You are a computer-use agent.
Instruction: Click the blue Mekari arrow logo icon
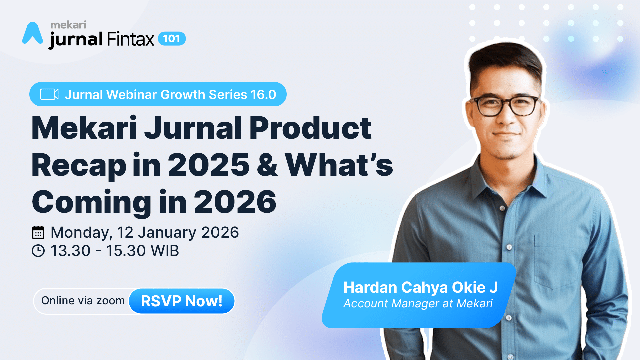[x=33, y=33]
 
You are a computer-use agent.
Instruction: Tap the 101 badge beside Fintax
[x=172, y=39]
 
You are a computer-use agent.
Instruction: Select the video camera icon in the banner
[x=49, y=94]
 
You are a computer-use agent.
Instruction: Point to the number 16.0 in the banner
[x=263, y=95]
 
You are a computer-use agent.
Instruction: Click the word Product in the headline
[x=310, y=128]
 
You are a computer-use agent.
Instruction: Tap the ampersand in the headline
[x=267, y=165]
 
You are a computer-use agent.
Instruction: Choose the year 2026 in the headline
[x=235, y=202]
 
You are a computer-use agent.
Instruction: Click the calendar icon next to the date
[x=38, y=233]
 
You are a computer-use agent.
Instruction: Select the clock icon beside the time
[x=38, y=251]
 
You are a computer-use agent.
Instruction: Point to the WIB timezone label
[x=165, y=251]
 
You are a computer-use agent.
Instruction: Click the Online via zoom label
[x=83, y=301]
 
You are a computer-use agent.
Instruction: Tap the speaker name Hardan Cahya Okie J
[x=421, y=287]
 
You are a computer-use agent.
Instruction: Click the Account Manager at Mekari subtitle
[x=418, y=304]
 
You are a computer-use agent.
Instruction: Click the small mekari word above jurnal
[x=68, y=25]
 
